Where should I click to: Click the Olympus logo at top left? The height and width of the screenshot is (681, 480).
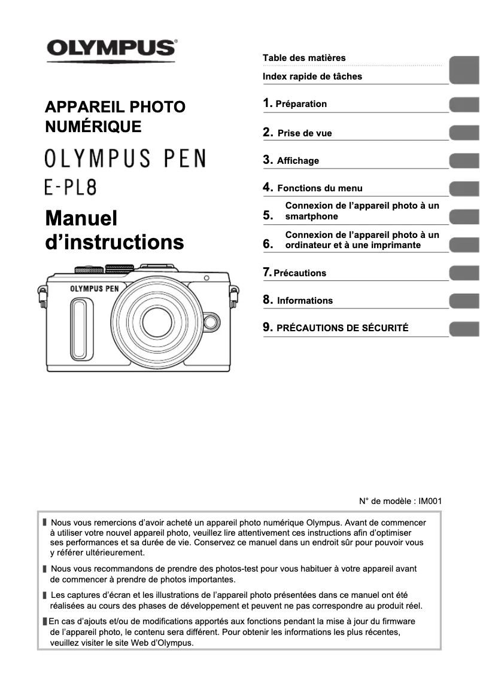point(111,48)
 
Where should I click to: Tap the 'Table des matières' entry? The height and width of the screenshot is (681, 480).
point(304,58)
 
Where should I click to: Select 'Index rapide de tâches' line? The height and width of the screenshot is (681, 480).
point(312,77)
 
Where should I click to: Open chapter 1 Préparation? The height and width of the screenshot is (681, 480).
point(300,104)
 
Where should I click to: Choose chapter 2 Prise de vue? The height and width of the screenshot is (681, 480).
point(304,133)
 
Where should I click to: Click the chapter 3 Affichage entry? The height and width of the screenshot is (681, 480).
point(297,161)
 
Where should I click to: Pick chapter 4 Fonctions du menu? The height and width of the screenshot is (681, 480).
point(320,188)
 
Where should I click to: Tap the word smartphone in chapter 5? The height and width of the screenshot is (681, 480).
point(311,216)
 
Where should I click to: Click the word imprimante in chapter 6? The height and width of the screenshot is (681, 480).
point(394,245)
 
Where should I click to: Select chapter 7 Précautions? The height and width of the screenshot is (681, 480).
point(300,273)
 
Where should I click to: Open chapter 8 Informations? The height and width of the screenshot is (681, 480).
point(305,301)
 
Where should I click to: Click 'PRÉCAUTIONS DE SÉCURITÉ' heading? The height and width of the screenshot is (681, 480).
point(342,328)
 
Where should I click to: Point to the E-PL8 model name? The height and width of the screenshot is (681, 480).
point(71,188)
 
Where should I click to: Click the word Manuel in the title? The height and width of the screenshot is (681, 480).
point(81,218)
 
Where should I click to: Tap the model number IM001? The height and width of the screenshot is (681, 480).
point(430,501)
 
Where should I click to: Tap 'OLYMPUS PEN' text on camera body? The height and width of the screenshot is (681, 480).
point(95,289)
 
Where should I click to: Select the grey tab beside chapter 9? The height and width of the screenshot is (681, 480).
point(464,328)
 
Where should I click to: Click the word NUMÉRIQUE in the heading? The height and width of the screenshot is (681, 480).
point(93,127)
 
